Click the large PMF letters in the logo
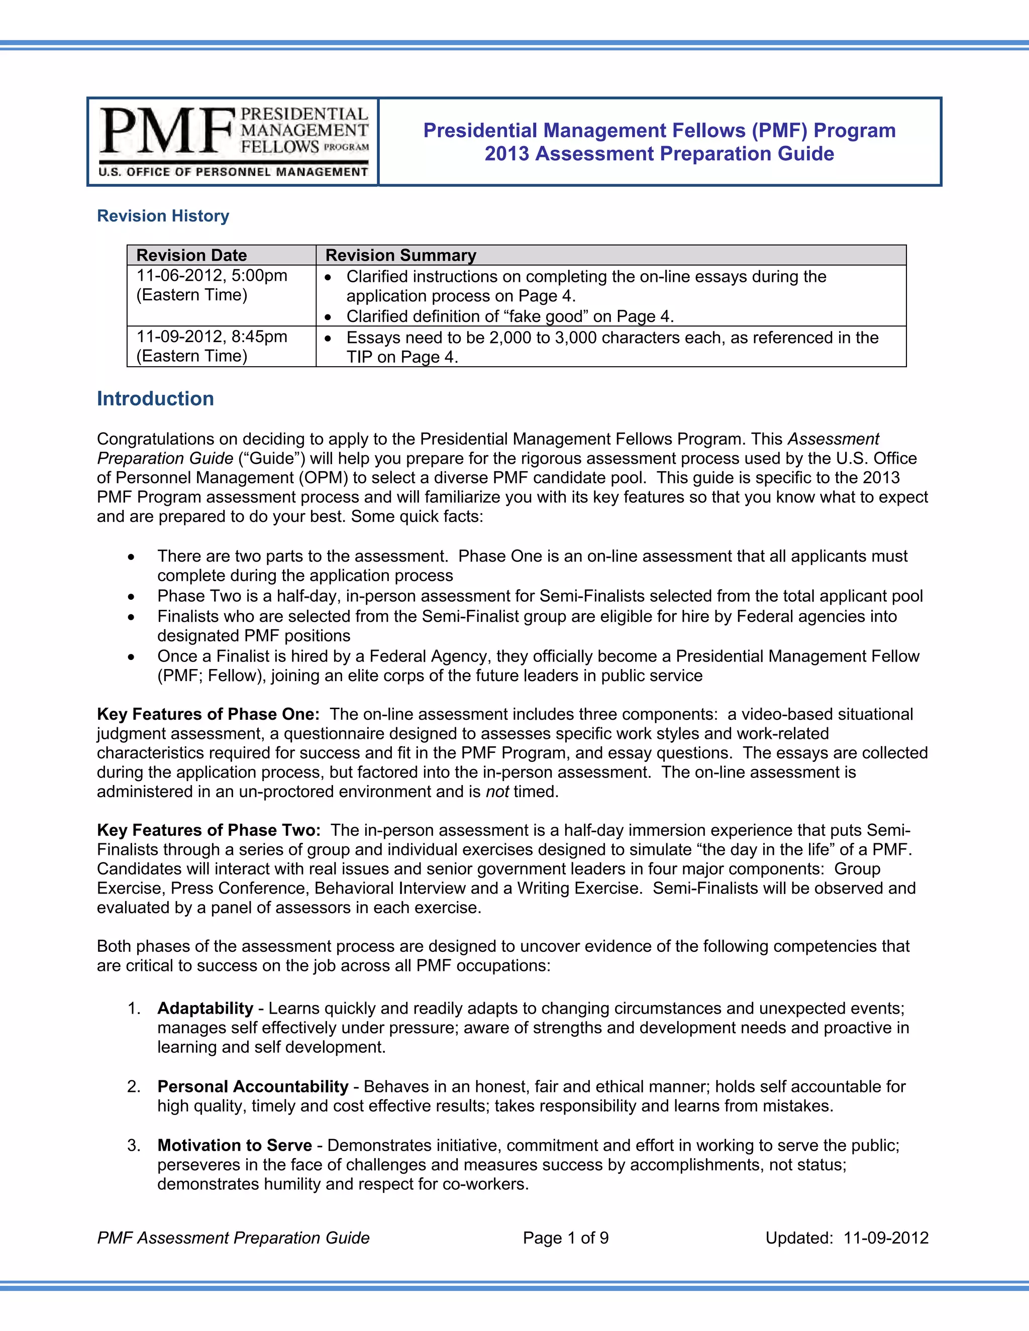(x=166, y=131)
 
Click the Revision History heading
(x=163, y=216)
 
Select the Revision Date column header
(x=191, y=255)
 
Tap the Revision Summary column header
(x=400, y=255)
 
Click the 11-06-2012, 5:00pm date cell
(x=212, y=276)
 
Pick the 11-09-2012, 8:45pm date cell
(x=212, y=337)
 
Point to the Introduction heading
(x=155, y=399)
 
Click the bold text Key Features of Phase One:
(x=208, y=714)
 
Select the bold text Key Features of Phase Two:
(x=209, y=830)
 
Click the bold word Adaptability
(x=205, y=1008)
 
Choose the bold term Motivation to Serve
(x=234, y=1145)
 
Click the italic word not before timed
(x=497, y=792)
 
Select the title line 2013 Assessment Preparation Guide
(x=659, y=154)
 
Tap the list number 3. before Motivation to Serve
(x=134, y=1145)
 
